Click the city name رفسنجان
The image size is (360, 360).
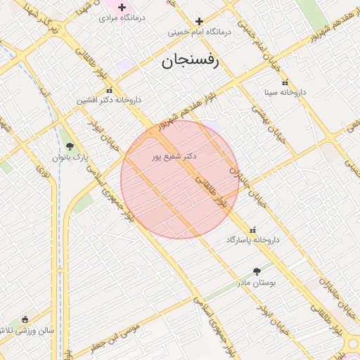point(191,60)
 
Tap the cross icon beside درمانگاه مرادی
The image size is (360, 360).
point(122,7)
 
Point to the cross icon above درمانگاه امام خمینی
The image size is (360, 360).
point(199,22)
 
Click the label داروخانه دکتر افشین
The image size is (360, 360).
point(107,101)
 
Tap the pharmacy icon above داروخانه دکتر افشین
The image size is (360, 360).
point(108,91)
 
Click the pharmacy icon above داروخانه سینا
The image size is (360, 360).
point(285,82)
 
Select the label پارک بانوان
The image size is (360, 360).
point(70,157)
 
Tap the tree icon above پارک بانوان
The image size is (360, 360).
point(69,146)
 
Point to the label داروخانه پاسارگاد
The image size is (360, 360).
point(252,240)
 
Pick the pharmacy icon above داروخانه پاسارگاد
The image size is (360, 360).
point(252,230)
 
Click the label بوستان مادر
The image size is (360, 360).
point(257,282)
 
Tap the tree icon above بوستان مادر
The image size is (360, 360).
point(256,271)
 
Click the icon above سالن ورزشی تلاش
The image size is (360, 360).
point(25,319)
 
